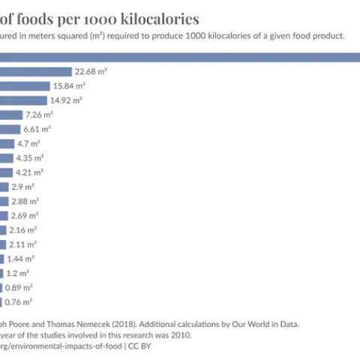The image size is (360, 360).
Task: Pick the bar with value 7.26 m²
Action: pyautogui.click(x=10, y=115)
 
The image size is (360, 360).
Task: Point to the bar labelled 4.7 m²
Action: pyautogui.click(x=7, y=143)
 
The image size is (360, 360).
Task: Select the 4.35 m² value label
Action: pyautogui.click(x=30, y=157)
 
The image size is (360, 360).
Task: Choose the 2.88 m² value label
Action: pyautogui.click(x=25, y=201)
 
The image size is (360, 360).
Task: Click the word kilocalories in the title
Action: pyautogui.click(x=160, y=19)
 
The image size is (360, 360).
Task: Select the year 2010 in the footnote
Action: pyautogui.click(x=180, y=335)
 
